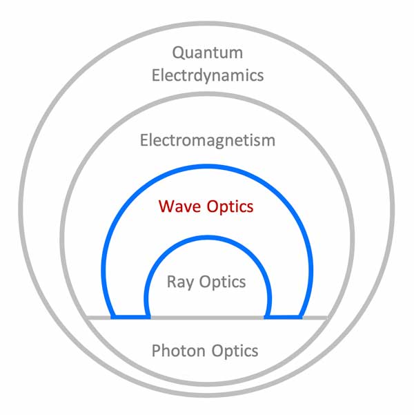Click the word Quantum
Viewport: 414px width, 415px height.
[208, 52]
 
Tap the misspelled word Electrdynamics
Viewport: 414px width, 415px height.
[208, 75]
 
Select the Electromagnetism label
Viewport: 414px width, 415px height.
[208, 141]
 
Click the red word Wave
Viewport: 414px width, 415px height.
[181, 206]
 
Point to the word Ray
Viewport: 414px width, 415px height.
[181, 282]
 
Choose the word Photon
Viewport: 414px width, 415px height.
[178, 351]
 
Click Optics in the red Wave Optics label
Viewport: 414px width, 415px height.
[231, 206]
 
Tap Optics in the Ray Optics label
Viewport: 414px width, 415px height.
[223, 282]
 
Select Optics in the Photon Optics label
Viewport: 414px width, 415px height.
[233, 351]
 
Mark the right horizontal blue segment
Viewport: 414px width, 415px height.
[284, 317]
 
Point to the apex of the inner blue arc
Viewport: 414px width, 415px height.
[208, 237]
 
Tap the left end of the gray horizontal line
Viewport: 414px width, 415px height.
[87, 318]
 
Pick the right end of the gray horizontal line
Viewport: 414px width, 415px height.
[327, 318]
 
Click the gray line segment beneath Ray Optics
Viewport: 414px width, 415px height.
[208, 318]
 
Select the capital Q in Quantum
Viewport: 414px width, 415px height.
[178, 52]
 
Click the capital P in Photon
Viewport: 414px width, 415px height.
[156, 351]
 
